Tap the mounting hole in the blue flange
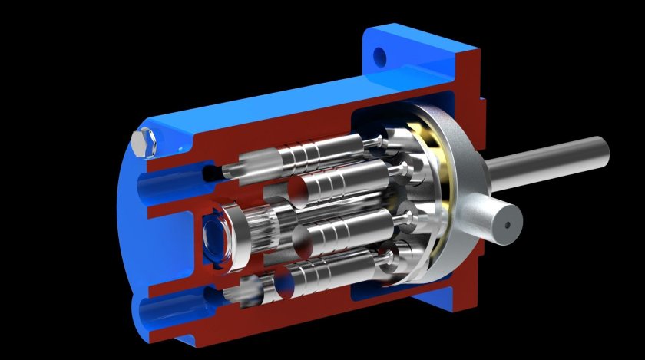379,55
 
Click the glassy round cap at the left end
213,237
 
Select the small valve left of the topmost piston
253,160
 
